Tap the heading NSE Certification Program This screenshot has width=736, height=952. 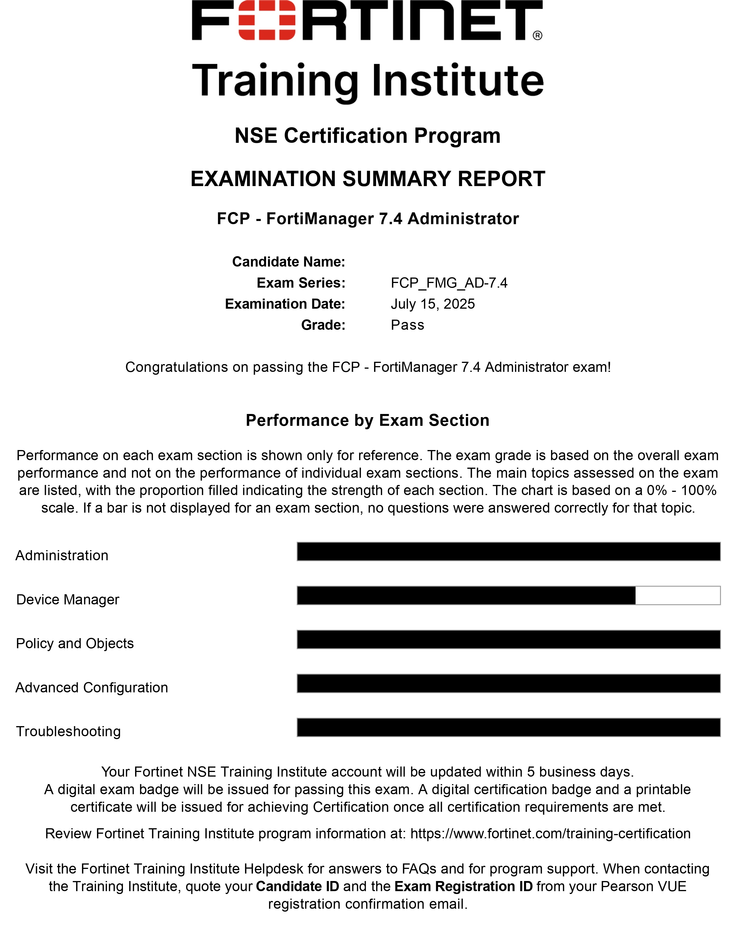pos(367,136)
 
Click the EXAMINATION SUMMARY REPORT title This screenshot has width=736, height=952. pos(367,179)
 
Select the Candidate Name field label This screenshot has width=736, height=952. pos(288,262)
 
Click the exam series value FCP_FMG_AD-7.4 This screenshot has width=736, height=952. pos(449,283)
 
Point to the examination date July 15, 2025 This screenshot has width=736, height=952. pos(433,304)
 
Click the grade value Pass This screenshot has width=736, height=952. pos(407,325)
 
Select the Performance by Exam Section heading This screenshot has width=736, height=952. pos(367,420)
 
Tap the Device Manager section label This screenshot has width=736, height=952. pos(68,599)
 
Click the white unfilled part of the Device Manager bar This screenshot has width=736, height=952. pos(678,595)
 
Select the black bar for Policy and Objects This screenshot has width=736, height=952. pos(508,640)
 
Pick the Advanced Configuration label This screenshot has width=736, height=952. pos(91,687)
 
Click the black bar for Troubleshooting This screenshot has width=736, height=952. pos(508,728)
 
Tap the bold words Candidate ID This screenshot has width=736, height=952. pos(297,886)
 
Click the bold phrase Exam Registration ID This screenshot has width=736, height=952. pos(464,886)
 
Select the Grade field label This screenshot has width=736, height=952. pos(323,325)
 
